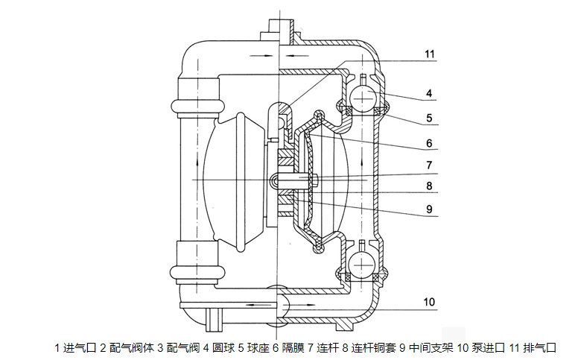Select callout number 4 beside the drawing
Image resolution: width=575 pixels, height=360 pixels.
pos(430,94)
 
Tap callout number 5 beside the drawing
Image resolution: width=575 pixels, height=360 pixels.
pos(430,118)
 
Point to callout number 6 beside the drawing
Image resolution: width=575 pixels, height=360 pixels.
pos(430,143)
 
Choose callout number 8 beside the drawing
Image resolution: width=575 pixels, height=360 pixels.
pos(430,186)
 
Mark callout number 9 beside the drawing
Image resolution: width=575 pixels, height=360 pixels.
pos(430,209)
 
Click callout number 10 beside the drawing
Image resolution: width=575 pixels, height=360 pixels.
pos(429,302)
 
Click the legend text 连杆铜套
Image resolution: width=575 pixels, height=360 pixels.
pos(370,348)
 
